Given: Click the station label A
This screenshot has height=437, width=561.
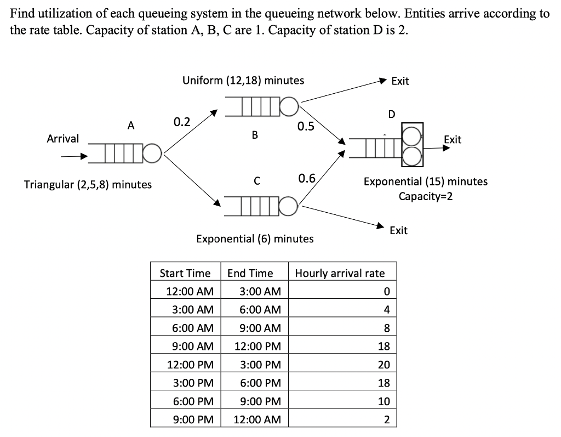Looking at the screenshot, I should click(x=130, y=126).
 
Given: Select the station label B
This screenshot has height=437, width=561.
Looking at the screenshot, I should click(x=254, y=134).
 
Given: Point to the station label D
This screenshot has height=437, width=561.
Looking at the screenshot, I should click(x=391, y=115).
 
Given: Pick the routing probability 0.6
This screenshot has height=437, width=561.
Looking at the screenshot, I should click(x=307, y=178).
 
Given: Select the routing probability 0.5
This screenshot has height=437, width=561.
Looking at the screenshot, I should click(x=306, y=127).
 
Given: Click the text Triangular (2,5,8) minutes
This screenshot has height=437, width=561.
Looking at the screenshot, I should click(x=88, y=184).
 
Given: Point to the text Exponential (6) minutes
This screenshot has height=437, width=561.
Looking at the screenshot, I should click(x=255, y=239).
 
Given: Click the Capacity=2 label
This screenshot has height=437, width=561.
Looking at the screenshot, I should click(x=426, y=196).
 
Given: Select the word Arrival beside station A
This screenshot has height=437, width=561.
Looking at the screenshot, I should click(x=62, y=139).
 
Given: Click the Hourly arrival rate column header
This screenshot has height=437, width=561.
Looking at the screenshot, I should click(x=340, y=273).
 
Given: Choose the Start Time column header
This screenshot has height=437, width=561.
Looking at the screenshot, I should click(x=185, y=273).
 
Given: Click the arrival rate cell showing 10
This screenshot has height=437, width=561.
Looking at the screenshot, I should click(x=386, y=401).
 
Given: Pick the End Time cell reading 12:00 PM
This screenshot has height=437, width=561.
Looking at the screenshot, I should click(x=257, y=347).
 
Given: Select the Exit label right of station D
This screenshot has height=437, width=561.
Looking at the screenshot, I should click(x=453, y=140).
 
